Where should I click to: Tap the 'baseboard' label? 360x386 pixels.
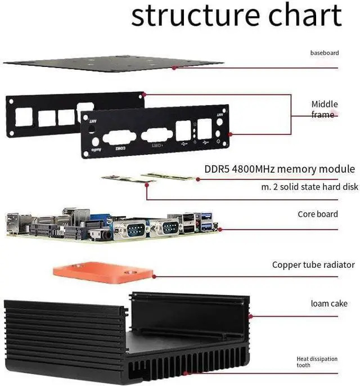coord(325,53)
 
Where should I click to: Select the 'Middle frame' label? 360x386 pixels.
coord(325,109)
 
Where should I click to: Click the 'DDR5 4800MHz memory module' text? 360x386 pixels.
coord(279,169)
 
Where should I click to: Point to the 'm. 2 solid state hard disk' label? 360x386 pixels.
coord(309,186)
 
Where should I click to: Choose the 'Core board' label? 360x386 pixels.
coord(318,214)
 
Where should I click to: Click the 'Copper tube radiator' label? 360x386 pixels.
coord(313,264)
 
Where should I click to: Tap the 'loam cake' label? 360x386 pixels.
coord(329,304)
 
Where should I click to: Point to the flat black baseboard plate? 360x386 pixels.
coord(112,63)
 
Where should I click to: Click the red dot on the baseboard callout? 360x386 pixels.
coord(174,68)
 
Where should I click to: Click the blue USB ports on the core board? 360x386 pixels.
coord(206,221)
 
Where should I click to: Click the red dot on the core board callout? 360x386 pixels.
coord(220,229)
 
